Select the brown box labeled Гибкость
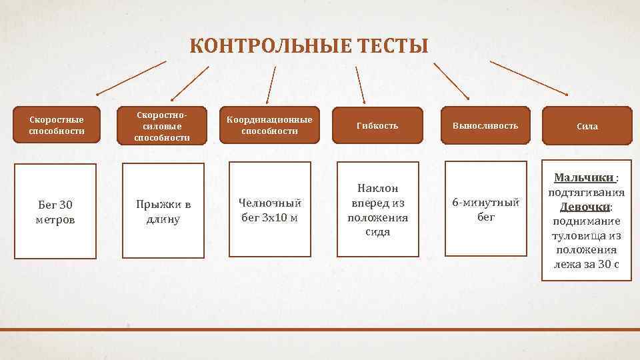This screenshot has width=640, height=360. [377, 125]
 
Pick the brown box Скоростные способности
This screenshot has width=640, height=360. [57, 125]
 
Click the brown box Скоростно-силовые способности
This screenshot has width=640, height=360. [162, 125]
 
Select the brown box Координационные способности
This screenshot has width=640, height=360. [269, 125]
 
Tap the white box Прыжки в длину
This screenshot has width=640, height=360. [163, 211]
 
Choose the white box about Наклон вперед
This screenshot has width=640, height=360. [377, 209]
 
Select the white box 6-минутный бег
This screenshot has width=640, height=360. [485, 209]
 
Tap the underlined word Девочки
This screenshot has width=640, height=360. [584, 207]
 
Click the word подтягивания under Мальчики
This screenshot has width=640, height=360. [586, 193]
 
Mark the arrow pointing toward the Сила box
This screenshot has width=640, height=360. [529, 78]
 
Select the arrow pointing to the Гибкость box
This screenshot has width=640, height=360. [361, 84]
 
